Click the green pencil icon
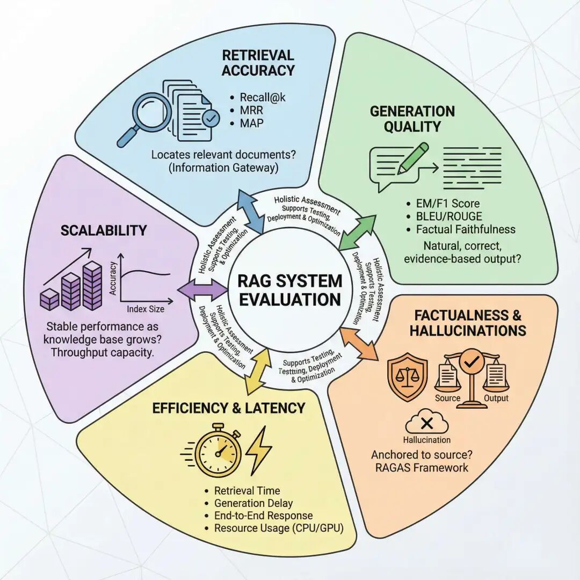point(411,159)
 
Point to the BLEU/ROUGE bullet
point(449,216)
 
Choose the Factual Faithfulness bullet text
point(466,229)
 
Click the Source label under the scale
point(447,398)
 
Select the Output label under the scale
point(496,398)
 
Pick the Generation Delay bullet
point(253,503)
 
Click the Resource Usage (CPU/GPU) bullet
point(278,528)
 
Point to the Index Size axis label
point(146,309)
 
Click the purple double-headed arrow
point(202,289)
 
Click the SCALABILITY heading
point(104,230)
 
